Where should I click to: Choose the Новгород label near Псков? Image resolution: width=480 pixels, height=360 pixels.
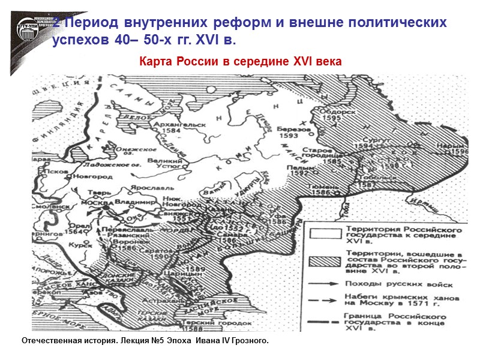point(93,177)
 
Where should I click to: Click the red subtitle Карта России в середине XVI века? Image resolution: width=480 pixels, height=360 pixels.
point(240,62)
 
